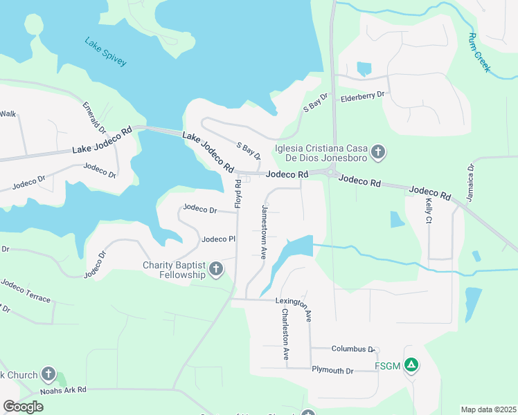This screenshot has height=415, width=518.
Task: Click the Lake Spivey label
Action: coord(106,52)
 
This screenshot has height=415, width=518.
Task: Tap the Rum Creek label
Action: coord(479,53)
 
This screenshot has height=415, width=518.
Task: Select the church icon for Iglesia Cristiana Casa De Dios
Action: coord(377,151)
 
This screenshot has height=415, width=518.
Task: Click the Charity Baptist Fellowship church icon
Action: coord(216,269)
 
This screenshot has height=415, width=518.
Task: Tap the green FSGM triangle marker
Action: coord(411,365)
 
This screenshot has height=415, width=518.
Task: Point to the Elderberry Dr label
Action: coord(361,98)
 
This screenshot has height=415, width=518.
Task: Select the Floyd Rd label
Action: coord(238,194)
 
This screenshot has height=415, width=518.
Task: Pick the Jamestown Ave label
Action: coord(264,232)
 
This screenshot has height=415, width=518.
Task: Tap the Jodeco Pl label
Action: coord(219,239)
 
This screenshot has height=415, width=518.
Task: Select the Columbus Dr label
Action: coord(353,349)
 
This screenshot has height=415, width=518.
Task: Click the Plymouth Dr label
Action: coord(332,371)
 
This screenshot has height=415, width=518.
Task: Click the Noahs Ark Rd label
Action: coord(62,390)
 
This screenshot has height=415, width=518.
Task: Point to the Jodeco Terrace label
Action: coord(26,290)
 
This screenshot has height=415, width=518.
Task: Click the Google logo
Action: coord(24,406)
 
